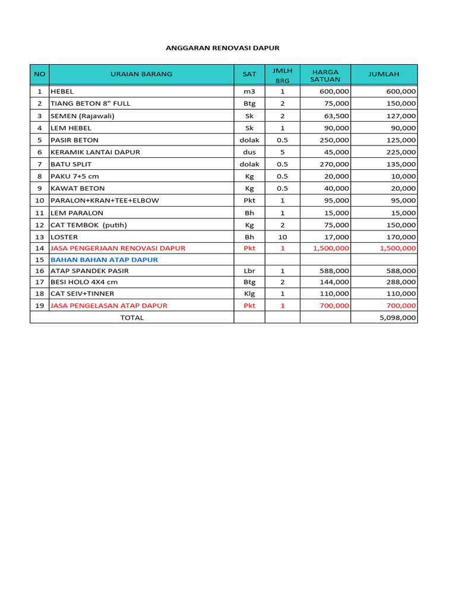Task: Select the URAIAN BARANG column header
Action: [141, 74]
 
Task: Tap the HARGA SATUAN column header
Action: [325, 75]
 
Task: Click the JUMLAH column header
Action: [384, 74]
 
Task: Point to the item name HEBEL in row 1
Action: [62, 91]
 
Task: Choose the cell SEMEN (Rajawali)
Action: [83, 116]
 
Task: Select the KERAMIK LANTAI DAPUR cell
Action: [96, 152]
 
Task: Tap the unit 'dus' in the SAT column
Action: [249, 152]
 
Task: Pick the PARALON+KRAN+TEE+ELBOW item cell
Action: [104, 200]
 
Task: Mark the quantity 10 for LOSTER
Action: [283, 237]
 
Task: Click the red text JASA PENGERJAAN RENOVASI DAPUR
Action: [118, 248]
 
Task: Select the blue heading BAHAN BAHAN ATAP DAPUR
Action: [104, 259]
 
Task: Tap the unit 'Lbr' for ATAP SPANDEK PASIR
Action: [249, 271]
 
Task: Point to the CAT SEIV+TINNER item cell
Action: [83, 293]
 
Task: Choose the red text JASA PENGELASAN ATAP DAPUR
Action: [109, 305]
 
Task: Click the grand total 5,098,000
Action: [398, 318]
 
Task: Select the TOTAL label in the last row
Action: [132, 318]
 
